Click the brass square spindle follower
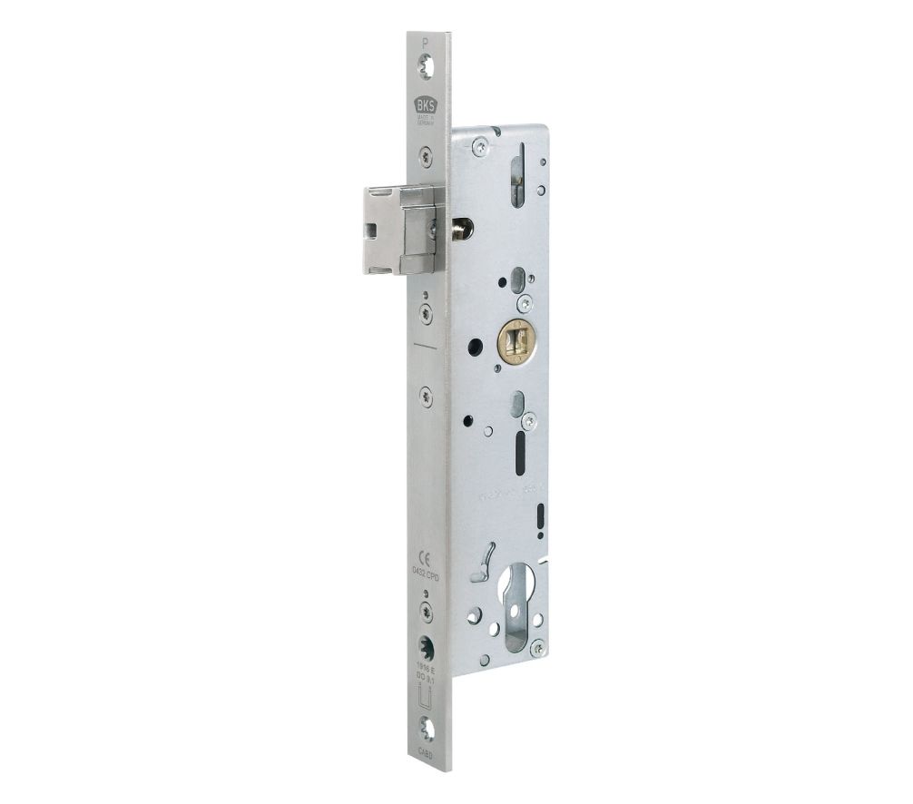[x=517, y=340]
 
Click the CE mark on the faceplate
[x=425, y=556]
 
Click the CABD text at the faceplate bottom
[x=426, y=751]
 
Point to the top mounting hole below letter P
[x=426, y=64]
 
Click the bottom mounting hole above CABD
[x=426, y=729]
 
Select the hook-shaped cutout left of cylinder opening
[x=484, y=563]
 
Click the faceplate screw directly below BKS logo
[x=426, y=153]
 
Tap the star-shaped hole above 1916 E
[x=426, y=646]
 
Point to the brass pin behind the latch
[x=464, y=229]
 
